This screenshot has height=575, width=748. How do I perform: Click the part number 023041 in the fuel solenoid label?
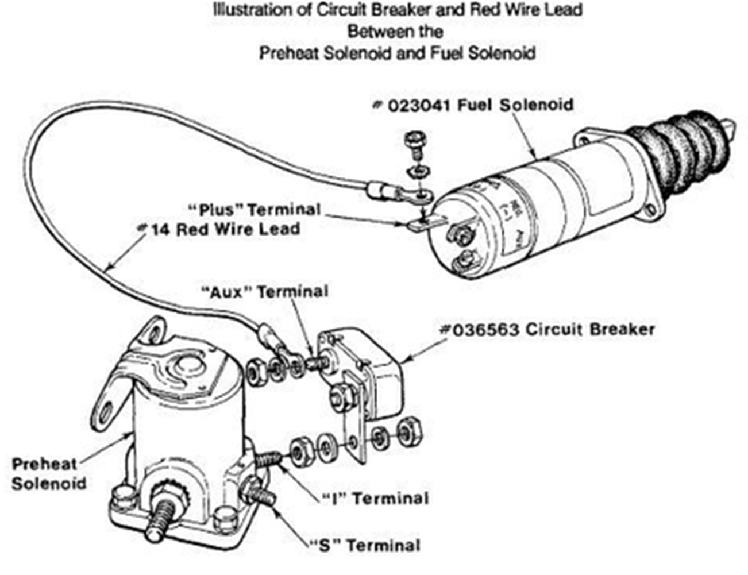(x=419, y=106)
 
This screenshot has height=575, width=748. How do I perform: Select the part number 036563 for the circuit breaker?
(x=485, y=330)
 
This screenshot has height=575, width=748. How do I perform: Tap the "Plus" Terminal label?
(x=255, y=210)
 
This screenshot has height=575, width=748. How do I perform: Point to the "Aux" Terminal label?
(x=264, y=291)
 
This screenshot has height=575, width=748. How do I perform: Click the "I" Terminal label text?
(x=375, y=499)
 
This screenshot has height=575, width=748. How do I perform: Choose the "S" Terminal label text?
(x=365, y=545)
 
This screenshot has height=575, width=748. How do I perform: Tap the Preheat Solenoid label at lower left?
(x=48, y=473)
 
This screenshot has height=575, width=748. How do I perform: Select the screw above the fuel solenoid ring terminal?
(x=415, y=145)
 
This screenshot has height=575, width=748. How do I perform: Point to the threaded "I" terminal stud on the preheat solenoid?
(x=269, y=459)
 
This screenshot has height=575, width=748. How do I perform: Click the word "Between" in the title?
(x=375, y=32)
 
